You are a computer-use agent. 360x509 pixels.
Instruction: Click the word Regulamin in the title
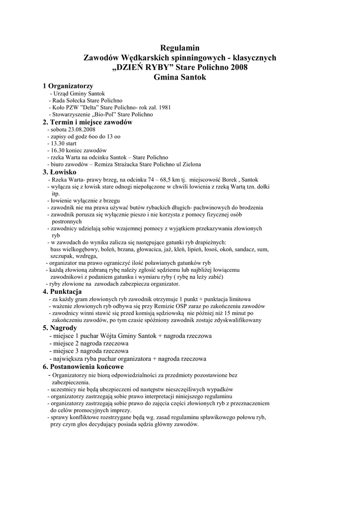tap(180, 48)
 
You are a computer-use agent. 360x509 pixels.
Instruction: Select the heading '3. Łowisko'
tap(59, 171)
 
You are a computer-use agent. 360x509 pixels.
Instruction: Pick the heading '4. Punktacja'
tap(62, 291)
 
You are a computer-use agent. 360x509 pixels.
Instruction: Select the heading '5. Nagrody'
tap(60, 328)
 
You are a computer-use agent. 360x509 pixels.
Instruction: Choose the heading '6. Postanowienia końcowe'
tap(83, 366)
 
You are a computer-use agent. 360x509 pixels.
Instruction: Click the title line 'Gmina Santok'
tap(180, 78)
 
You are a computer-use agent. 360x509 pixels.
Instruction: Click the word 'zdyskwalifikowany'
tap(226, 321)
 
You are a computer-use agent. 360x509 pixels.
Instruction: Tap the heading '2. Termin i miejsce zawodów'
tap(88, 122)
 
